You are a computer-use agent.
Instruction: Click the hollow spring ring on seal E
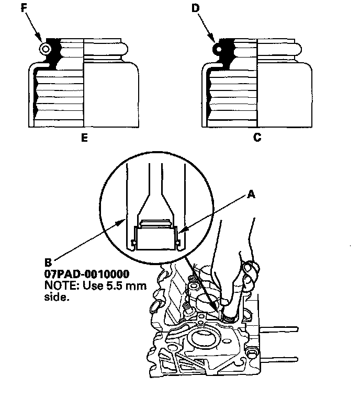click(46, 49)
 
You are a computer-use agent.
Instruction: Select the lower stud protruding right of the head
click(283, 359)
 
